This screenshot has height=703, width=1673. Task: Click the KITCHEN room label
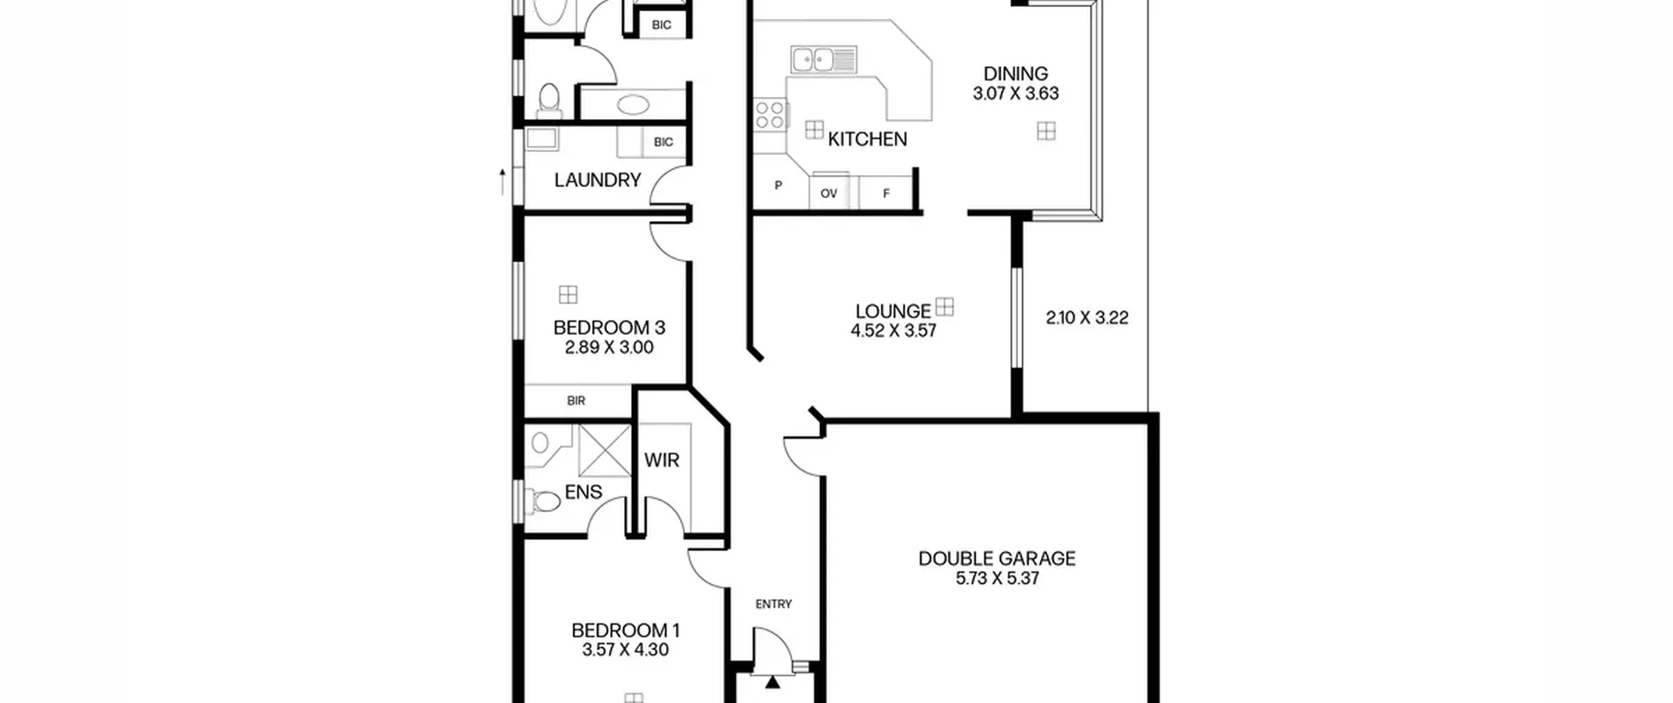coord(867,139)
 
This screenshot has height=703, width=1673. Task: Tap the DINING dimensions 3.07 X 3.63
coord(1016,94)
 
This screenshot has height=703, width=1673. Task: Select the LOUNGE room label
coord(893,311)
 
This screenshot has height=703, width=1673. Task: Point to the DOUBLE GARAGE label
coord(997,558)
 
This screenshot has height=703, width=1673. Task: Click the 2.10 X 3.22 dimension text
coord(1087,318)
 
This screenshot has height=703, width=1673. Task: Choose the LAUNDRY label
coord(597,180)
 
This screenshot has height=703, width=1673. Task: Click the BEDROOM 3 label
coord(609,328)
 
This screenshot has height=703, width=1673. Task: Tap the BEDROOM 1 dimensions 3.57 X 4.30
coord(625,650)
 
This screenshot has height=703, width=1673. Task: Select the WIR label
coord(661,460)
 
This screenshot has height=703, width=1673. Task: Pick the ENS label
coord(583,492)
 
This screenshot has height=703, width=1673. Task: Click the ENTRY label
coord(774,604)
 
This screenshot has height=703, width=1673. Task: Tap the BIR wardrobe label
coord(576,401)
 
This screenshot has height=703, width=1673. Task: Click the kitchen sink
coord(823,60)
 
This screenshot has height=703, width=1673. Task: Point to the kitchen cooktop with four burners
coord(770,114)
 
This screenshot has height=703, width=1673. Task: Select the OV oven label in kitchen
coord(829,194)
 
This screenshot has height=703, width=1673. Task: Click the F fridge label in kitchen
coord(886,194)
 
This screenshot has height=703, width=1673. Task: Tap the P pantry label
coord(778,186)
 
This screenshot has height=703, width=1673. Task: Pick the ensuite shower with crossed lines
coord(605,451)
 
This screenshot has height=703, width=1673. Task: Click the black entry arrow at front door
coord(773,683)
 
